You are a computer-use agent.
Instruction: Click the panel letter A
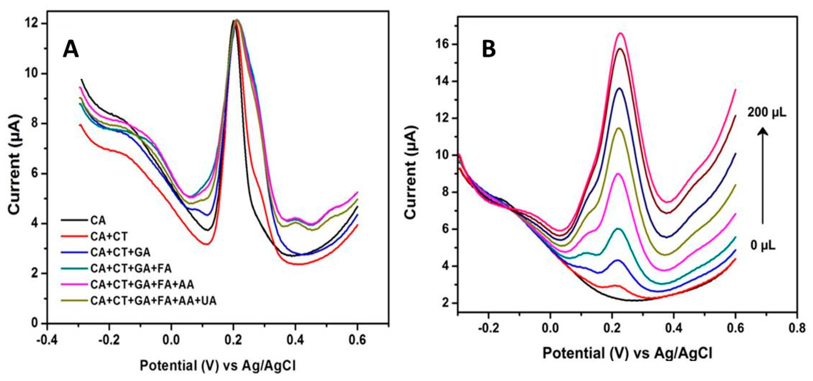point(71,50)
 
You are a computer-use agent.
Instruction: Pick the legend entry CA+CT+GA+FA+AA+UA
point(153,301)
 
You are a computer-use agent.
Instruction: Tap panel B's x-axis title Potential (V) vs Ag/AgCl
point(627,353)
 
